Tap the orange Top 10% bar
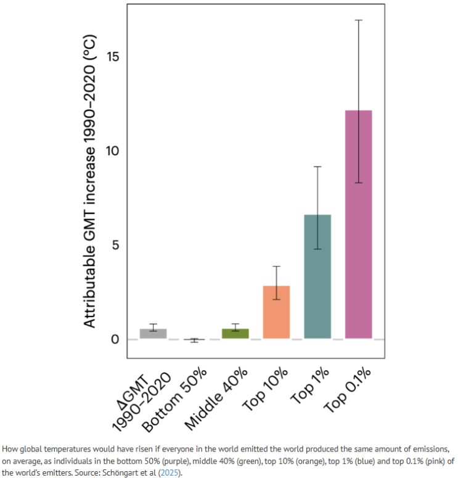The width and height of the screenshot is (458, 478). tap(276, 312)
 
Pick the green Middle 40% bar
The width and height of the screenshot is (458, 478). tap(235, 334)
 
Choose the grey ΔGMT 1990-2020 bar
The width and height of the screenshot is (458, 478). tap(153, 334)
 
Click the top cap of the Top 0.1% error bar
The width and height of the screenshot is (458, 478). tap(358, 20)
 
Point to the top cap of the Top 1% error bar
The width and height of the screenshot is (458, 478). tap(317, 167)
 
